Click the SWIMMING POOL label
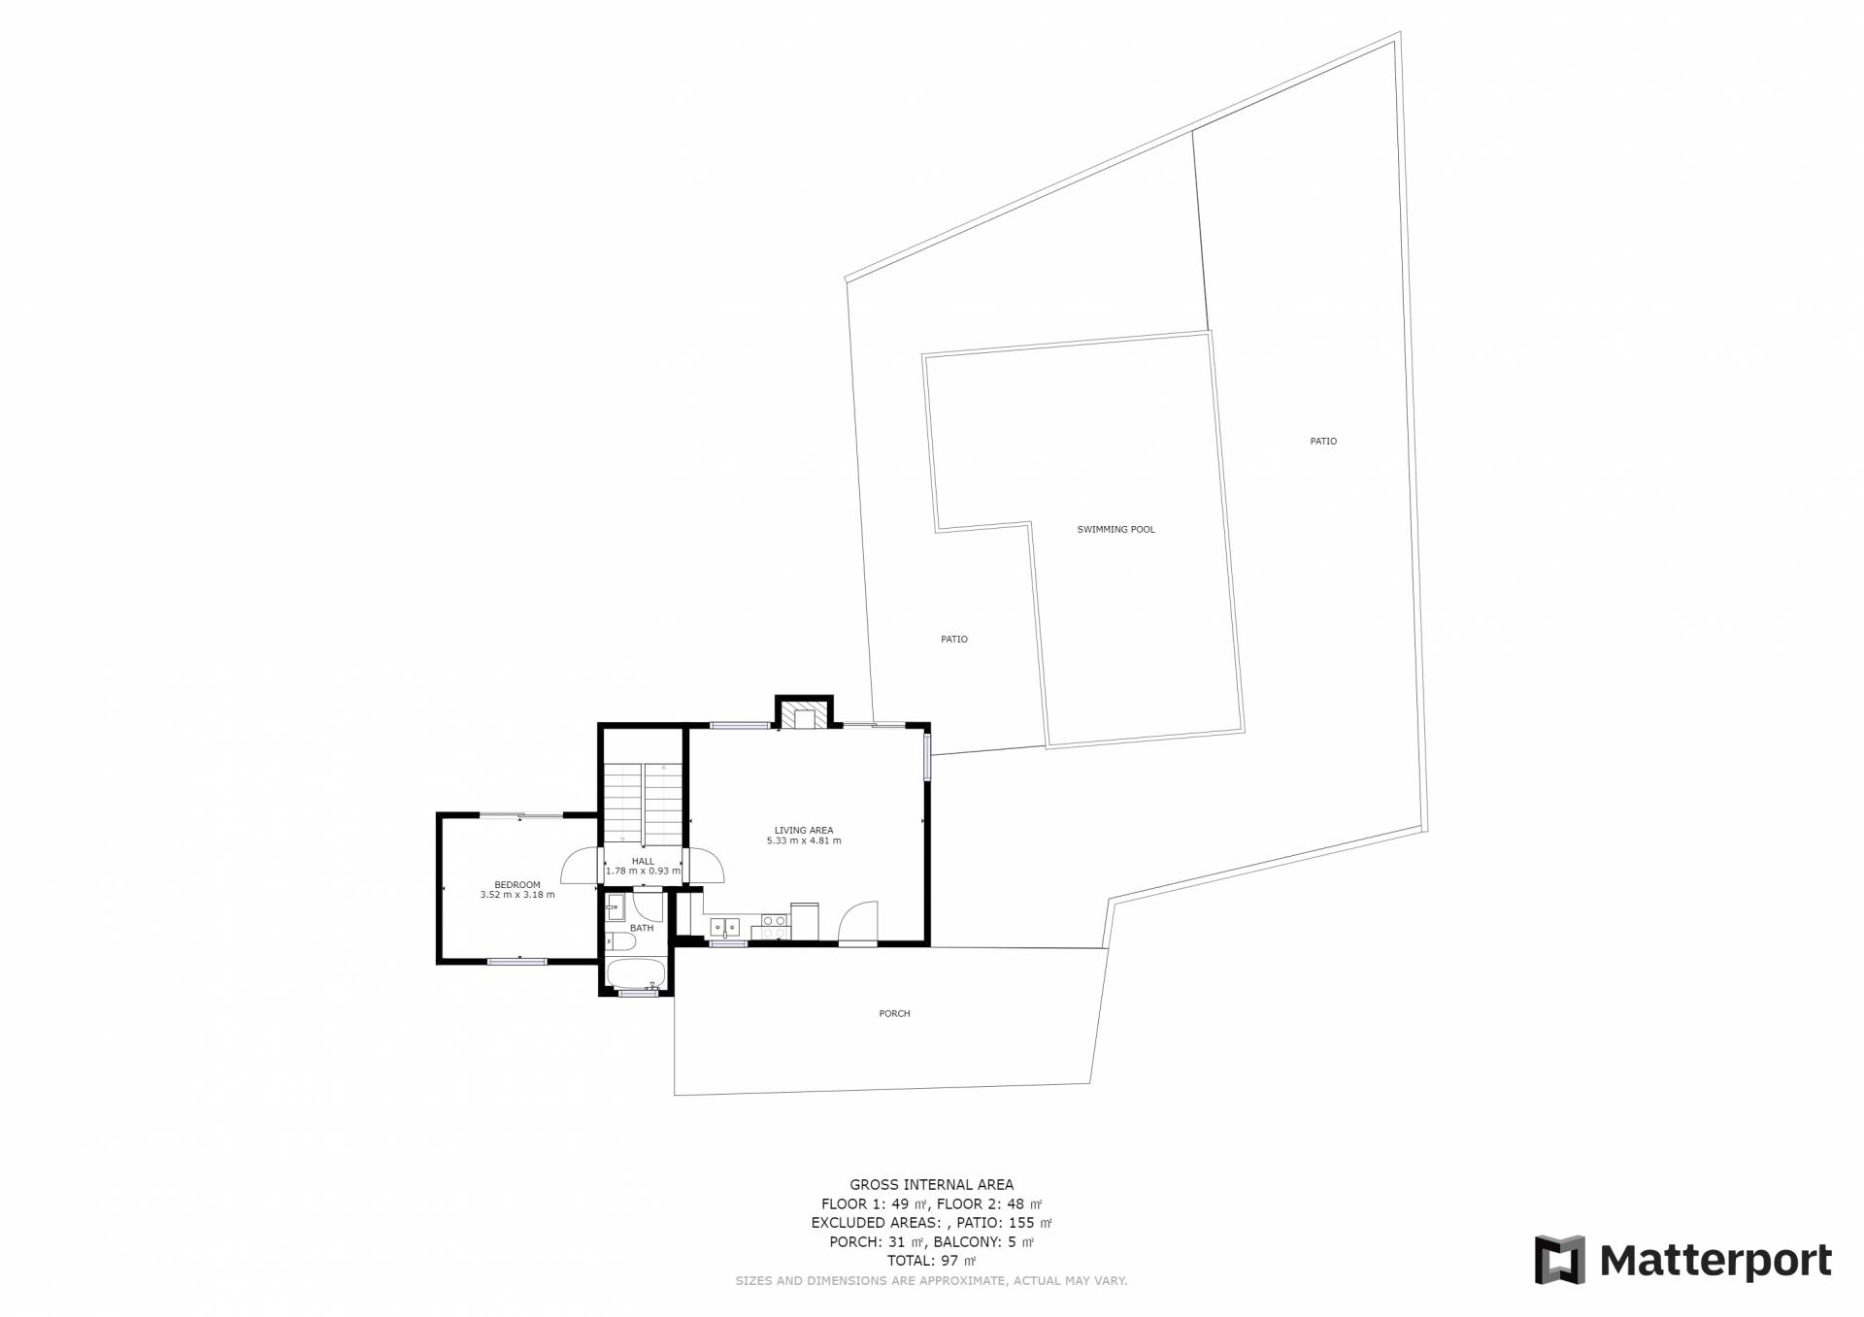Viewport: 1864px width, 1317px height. [1115, 530]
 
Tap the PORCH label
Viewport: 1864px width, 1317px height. [894, 1014]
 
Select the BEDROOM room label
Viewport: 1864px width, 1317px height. [516, 885]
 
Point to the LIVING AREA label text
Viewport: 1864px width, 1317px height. [804, 831]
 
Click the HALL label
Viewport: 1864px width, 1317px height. [643, 861]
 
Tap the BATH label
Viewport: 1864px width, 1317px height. [642, 928]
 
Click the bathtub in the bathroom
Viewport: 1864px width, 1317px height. [636, 973]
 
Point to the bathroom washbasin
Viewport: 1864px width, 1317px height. [614, 909]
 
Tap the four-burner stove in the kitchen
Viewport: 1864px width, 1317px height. [775, 926]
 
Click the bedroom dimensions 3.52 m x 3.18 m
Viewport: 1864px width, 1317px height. [517, 895]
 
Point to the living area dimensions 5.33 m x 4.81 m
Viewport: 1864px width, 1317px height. [804, 840]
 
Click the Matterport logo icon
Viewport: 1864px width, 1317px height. [1559, 1260]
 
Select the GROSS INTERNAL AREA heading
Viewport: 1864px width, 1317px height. [931, 1185]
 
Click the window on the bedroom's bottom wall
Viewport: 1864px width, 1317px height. [517, 962]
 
